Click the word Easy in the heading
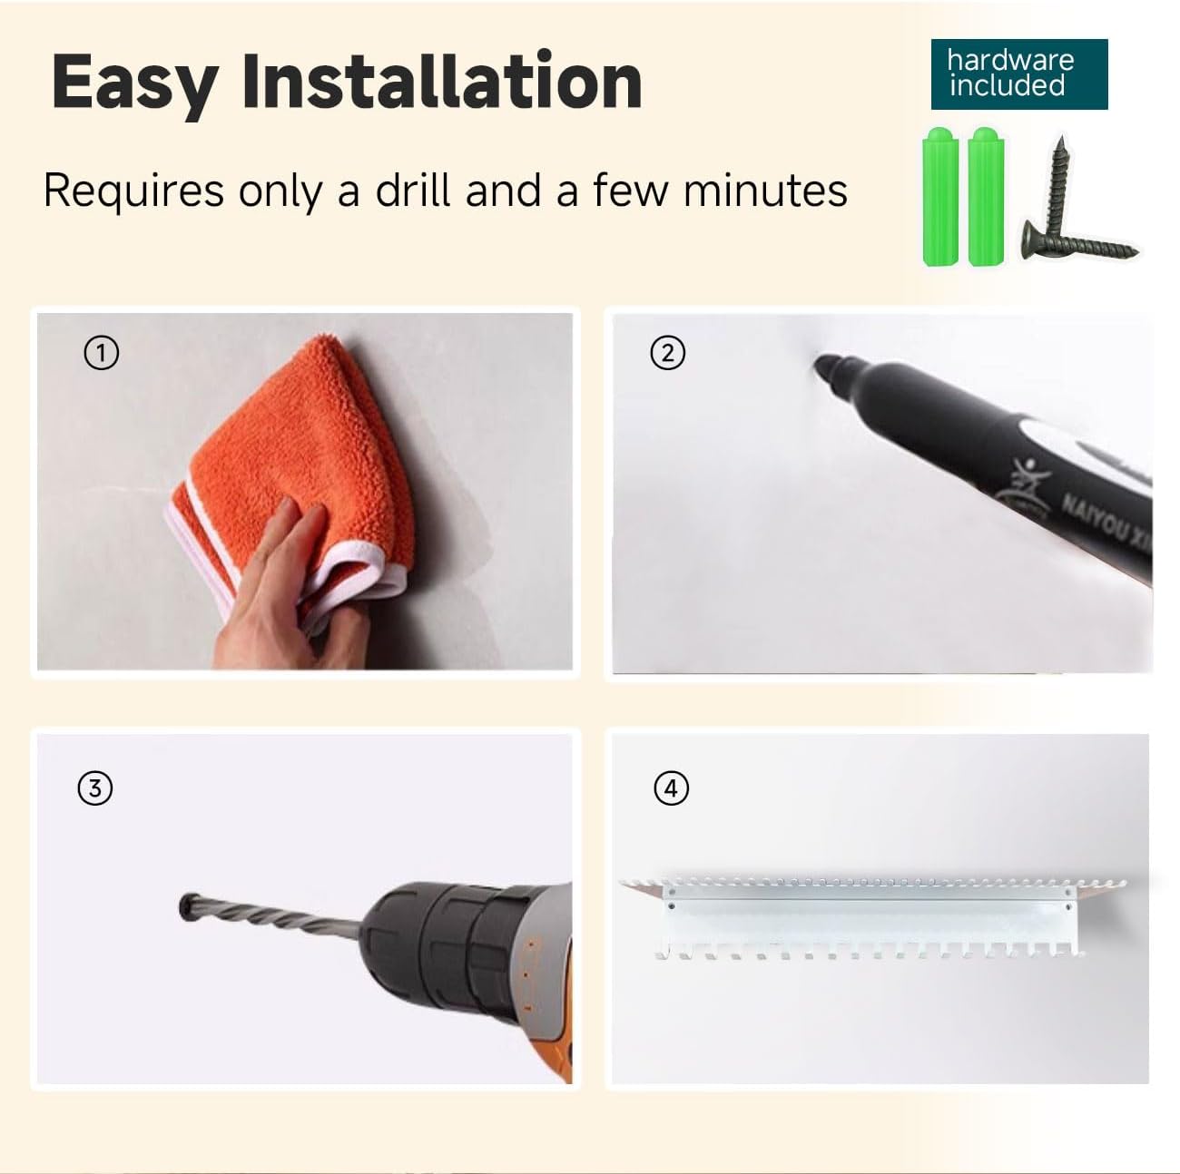[x=134, y=83]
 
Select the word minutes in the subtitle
[x=765, y=191]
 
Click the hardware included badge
[x=1019, y=74]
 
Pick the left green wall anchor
[x=940, y=197]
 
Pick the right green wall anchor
[x=986, y=197]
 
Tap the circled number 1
[x=101, y=353]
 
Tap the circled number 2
[x=667, y=353]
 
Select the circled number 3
[x=95, y=788]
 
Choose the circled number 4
[x=671, y=788]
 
